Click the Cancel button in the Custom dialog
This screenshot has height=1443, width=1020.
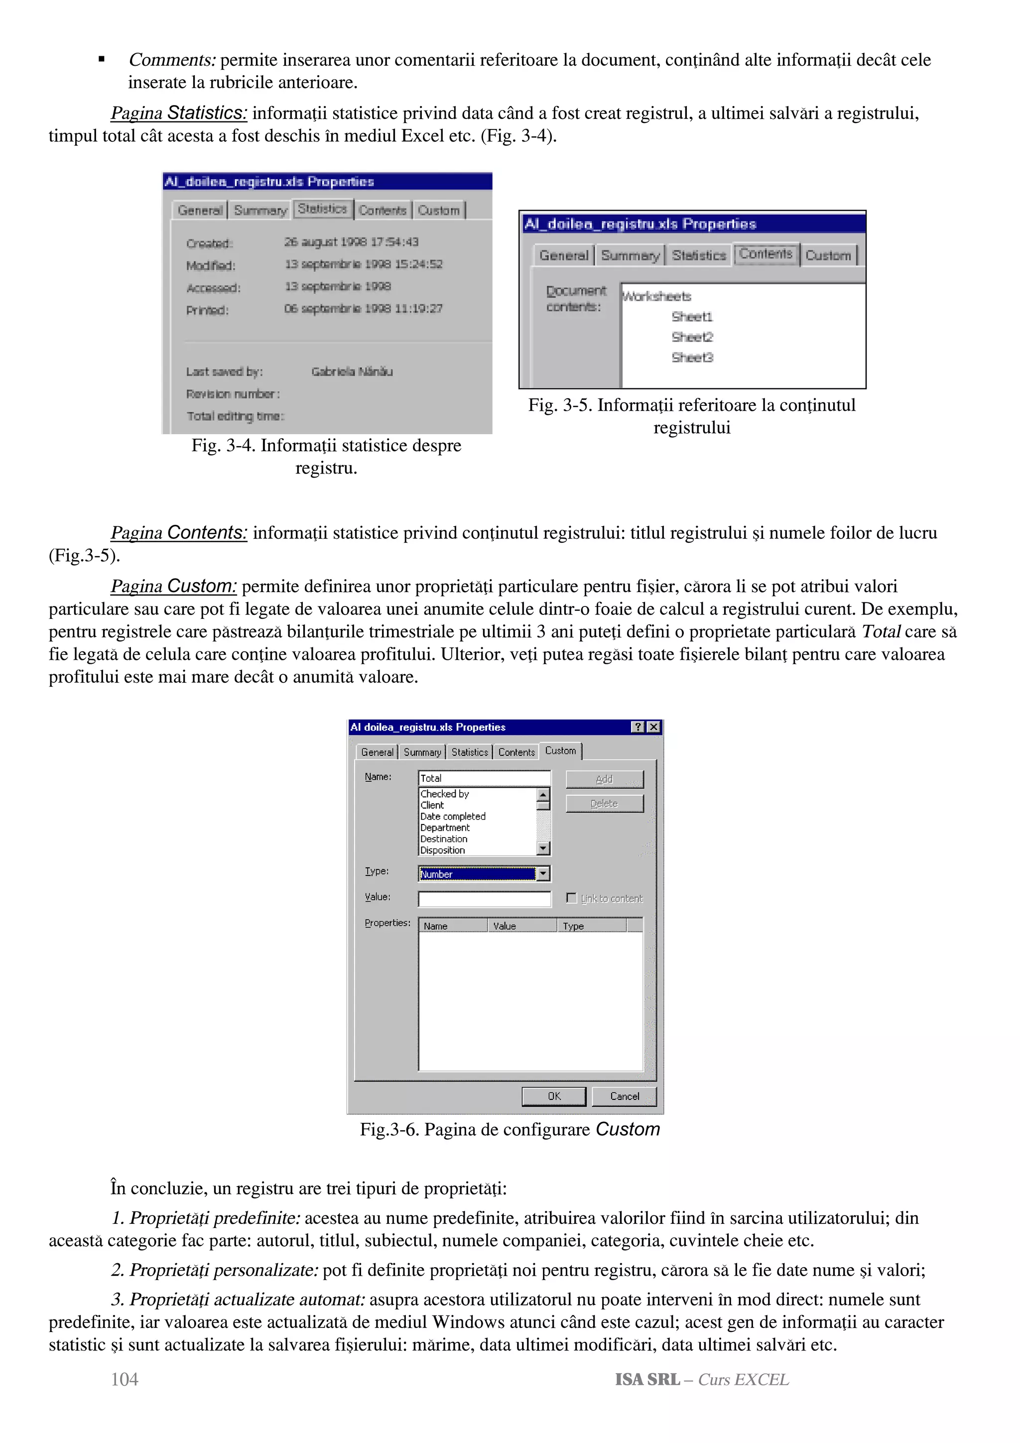click(624, 1096)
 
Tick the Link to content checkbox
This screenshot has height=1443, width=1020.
click(571, 898)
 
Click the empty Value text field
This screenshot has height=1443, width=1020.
click(484, 899)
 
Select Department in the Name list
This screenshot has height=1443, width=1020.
click(445, 828)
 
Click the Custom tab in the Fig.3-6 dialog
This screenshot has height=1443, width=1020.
click(560, 751)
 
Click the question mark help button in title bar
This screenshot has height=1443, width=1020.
click(638, 727)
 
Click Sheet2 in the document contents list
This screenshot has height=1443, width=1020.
click(692, 338)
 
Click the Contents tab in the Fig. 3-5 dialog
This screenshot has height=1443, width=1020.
click(765, 254)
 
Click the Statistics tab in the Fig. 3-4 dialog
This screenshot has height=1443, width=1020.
click(322, 209)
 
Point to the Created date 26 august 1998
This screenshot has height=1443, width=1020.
click(351, 242)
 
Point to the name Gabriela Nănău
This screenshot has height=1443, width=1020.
click(352, 371)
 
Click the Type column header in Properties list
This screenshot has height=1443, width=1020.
click(573, 926)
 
